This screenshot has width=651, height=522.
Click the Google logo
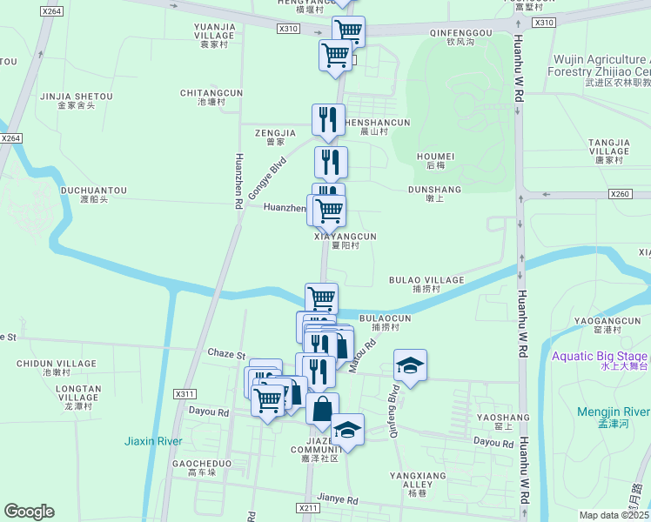pos(30,512)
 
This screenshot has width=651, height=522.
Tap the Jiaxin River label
pos(152,441)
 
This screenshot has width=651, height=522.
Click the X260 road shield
pos(620,194)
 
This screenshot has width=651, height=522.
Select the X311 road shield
pos(185,394)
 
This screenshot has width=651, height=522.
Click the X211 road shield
pos(307,508)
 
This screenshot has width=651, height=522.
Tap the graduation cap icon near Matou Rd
pos(410,365)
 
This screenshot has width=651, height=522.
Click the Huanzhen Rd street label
pos(237,182)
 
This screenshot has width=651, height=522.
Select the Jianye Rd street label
pos(337,500)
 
